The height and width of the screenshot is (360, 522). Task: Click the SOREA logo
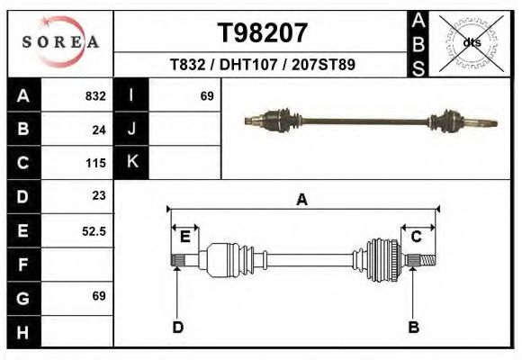(59, 42)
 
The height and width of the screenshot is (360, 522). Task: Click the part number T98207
(263, 33)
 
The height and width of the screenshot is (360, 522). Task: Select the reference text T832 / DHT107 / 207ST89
(262, 65)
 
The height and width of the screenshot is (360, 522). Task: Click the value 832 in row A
(95, 96)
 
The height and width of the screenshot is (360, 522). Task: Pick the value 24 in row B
(99, 130)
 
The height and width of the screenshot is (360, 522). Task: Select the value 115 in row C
(96, 163)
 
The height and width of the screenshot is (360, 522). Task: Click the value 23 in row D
(99, 195)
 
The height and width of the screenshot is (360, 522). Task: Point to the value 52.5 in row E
(94, 230)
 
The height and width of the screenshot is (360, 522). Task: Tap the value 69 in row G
(99, 296)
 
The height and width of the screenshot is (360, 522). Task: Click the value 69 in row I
(206, 96)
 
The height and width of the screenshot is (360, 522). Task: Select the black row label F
(23, 265)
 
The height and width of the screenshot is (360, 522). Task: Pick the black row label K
(131, 163)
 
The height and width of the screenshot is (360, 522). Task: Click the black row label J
(131, 130)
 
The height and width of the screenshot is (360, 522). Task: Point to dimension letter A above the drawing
(302, 200)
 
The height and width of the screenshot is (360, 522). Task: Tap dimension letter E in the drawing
(185, 237)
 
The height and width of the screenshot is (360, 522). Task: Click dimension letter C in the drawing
(417, 237)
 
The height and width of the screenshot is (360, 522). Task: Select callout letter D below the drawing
(178, 327)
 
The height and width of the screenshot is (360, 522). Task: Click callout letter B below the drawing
(413, 327)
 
